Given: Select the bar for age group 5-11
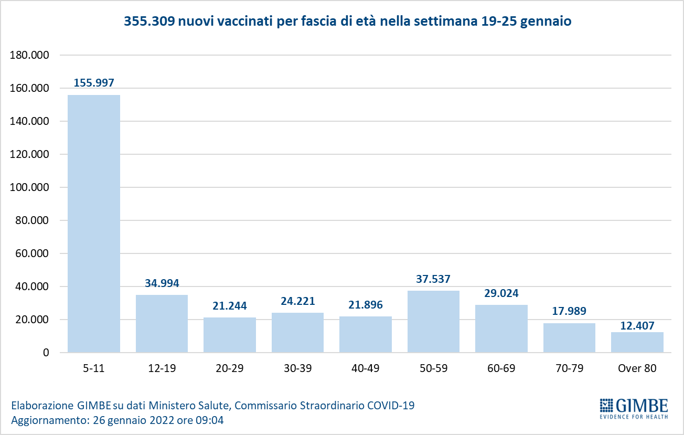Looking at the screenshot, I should point(94,224).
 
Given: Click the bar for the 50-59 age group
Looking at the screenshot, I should point(433,321).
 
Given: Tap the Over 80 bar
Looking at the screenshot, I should point(637,342).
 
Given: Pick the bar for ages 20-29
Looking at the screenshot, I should point(230,335).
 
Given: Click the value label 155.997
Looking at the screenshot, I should point(94,82).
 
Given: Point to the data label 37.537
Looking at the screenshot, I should point(433,279).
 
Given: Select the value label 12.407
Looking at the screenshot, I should point(637,326).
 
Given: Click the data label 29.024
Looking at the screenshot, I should point(501,293).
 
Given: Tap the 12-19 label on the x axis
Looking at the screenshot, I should point(162,368).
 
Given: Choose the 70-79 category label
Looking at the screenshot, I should point(569,368).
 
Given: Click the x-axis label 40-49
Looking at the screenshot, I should point(365,368).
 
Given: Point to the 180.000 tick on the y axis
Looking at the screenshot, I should point(30,55).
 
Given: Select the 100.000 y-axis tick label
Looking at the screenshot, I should point(30,187).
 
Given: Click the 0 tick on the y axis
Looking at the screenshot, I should point(46,353).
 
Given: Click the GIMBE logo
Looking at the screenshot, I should point(634,408).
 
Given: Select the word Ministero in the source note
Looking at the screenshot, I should point(172,406).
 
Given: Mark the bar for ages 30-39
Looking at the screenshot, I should point(297,333).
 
